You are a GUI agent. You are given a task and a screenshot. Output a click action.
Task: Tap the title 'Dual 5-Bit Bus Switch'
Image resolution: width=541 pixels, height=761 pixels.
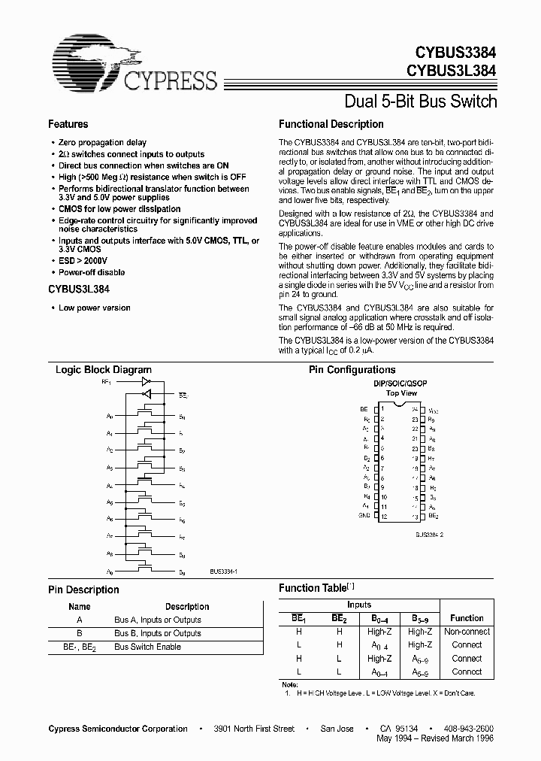point(420,101)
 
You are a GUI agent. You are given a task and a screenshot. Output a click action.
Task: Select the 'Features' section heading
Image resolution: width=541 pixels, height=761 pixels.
point(68,124)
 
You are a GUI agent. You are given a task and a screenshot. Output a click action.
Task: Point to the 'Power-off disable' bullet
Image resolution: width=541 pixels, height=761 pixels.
point(92,272)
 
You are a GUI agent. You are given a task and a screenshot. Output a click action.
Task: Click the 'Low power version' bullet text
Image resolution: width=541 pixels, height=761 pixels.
point(95,308)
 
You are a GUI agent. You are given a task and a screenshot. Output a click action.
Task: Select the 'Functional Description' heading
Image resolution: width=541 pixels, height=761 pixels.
point(331,124)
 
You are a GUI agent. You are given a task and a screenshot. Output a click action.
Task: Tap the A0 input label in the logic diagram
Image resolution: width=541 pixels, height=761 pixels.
point(110,416)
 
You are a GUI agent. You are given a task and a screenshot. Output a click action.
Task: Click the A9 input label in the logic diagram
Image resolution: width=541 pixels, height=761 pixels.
point(110,573)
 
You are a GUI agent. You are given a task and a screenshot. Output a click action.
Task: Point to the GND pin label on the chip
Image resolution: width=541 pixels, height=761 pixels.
point(364,517)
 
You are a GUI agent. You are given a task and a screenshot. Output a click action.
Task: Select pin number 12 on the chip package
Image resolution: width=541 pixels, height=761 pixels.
point(383,517)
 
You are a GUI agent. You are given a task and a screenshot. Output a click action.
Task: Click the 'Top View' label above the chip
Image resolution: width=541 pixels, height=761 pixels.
point(401,393)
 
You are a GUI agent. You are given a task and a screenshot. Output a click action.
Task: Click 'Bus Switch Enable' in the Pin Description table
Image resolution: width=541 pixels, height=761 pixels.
point(148,647)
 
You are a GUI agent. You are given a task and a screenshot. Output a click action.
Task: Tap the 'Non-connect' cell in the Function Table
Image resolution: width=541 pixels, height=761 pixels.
point(467,632)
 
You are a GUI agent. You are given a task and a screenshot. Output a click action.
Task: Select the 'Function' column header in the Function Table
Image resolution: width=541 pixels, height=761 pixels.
point(467,618)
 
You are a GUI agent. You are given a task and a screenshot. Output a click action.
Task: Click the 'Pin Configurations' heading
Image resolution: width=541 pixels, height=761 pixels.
point(352,369)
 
